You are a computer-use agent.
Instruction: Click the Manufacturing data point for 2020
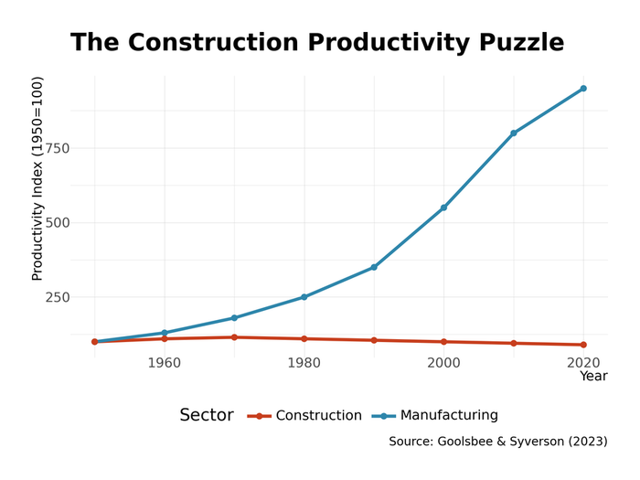tap(583, 89)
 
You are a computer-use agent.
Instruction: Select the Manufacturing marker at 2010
tap(514, 133)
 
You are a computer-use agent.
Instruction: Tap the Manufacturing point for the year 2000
tap(443, 208)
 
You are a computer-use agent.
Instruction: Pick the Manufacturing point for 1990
tap(374, 267)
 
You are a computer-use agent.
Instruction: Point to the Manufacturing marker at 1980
tap(304, 297)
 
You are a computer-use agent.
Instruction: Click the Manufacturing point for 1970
tap(234, 318)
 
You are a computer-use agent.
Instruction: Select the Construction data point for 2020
tap(583, 345)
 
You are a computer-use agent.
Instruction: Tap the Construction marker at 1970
tap(234, 337)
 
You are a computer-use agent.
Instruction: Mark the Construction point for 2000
tap(443, 342)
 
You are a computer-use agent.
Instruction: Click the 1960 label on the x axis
tap(165, 363)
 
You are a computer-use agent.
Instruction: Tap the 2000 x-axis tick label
tap(443, 363)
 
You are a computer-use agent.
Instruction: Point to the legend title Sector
tap(207, 416)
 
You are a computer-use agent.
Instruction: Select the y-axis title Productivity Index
tap(37, 178)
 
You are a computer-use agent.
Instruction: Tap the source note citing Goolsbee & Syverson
tap(497, 442)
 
